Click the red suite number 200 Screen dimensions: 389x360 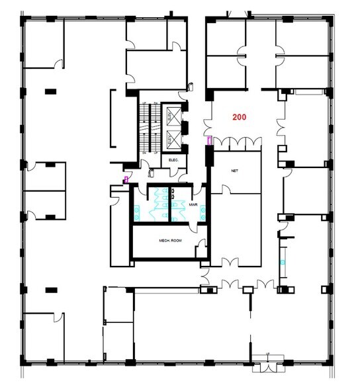coord(239,116)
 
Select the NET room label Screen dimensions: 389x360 coord(234,170)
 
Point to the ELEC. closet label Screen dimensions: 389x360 coord(175,160)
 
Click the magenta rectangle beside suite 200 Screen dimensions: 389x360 coord(210,141)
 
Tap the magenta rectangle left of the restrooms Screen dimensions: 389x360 coord(126,179)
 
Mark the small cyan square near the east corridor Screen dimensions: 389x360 coord(283,263)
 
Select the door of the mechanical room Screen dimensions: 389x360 coord(199,249)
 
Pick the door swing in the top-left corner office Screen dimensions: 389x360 coord(59,64)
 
